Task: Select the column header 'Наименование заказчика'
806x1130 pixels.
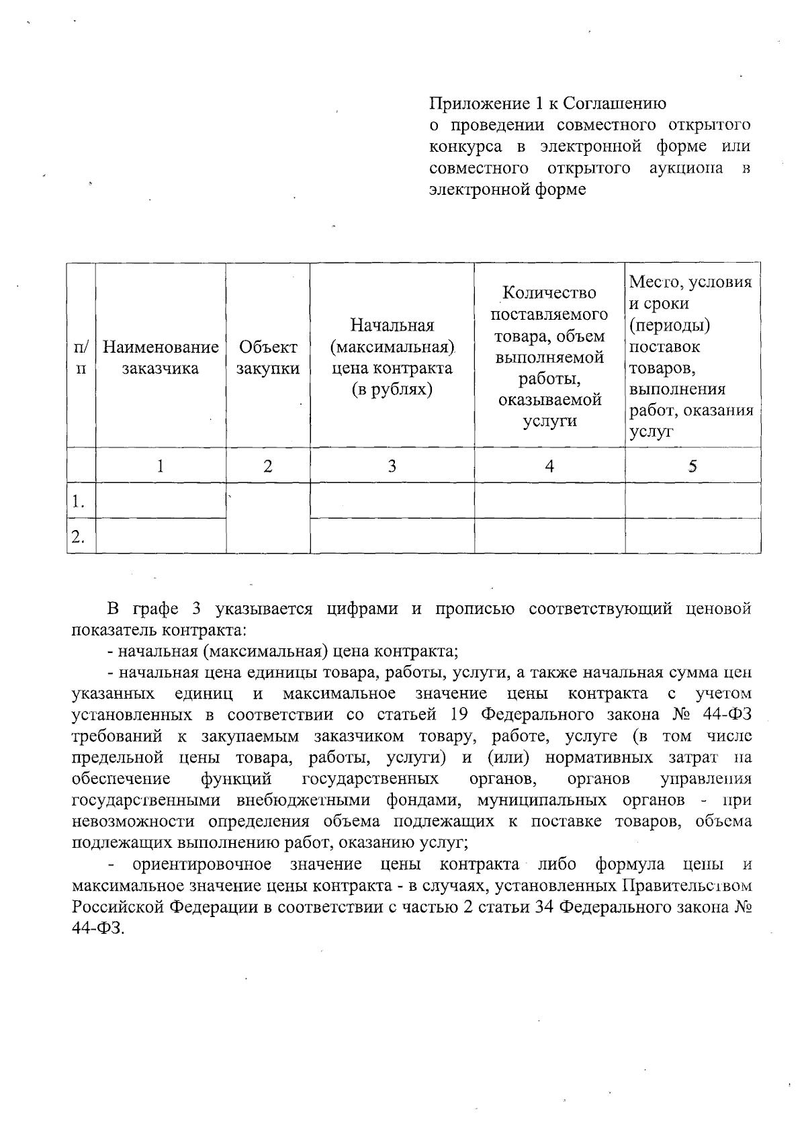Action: (161, 357)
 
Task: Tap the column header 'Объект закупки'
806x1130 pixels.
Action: (268, 357)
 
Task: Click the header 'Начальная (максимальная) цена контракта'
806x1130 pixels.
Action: (392, 357)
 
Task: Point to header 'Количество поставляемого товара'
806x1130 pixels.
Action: (549, 357)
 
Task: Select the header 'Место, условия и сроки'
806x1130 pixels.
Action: (692, 357)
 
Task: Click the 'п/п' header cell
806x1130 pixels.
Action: (81, 357)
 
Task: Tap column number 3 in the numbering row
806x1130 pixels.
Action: (392, 466)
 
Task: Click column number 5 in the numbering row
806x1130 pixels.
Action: (692, 466)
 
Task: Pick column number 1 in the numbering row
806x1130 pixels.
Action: (161, 466)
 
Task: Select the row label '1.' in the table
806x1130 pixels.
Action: (79, 501)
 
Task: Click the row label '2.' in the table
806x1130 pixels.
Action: (79, 536)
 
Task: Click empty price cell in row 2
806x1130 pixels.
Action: (392, 536)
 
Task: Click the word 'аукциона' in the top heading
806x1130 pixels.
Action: (686, 168)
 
